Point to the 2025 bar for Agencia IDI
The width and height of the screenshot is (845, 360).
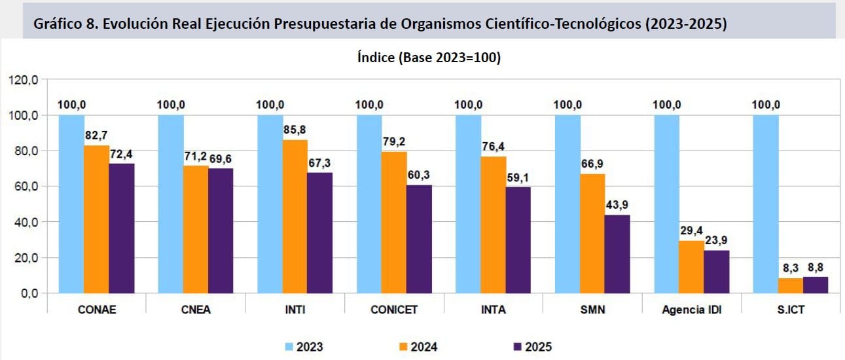click(x=716, y=272)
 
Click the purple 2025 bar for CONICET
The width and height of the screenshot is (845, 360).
click(x=419, y=239)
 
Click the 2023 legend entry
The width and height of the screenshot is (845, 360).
click(x=304, y=346)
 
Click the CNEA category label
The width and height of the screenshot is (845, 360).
click(x=195, y=310)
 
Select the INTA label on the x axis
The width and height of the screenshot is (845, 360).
click(x=493, y=310)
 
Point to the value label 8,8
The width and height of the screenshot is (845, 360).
click(x=815, y=268)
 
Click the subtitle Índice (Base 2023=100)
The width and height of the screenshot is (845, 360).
click(x=429, y=58)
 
